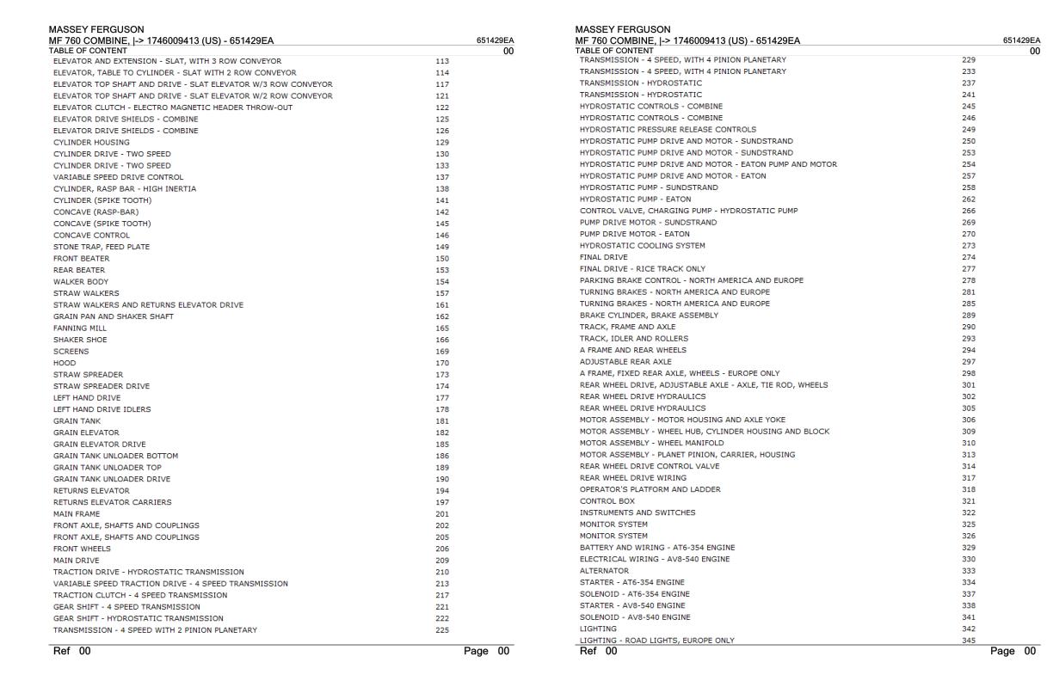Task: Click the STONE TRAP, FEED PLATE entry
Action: pyautogui.click(x=102, y=247)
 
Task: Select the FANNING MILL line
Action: pyautogui.click(x=80, y=328)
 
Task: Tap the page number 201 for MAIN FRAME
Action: pyautogui.click(x=442, y=514)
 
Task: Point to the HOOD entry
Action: pyautogui.click(x=65, y=363)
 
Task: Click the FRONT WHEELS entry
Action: pyautogui.click(x=82, y=549)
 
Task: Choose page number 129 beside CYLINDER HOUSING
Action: pyautogui.click(x=442, y=142)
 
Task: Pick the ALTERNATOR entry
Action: pyautogui.click(x=604, y=571)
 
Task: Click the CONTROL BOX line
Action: pyautogui.click(x=607, y=501)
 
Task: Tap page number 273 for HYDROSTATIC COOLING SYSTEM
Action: pyautogui.click(x=969, y=246)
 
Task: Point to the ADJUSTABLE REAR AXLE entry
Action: pyautogui.click(x=625, y=362)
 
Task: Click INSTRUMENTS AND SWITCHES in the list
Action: pyautogui.click(x=637, y=512)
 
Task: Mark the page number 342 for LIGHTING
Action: pyautogui.click(x=969, y=629)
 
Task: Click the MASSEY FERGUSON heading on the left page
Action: pyautogui.click(x=96, y=30)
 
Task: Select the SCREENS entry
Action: pyautogui.click(x=71, y=351)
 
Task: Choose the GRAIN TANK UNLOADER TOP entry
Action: pyautogui.click(x=108, y=468)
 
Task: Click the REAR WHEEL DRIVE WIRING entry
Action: pyautogui.click(x=633, y=478)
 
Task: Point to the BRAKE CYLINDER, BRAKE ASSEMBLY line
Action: pyautogui.click(x=649, y=316)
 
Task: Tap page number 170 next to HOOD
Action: pyautogui.click(x=442, y=363)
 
